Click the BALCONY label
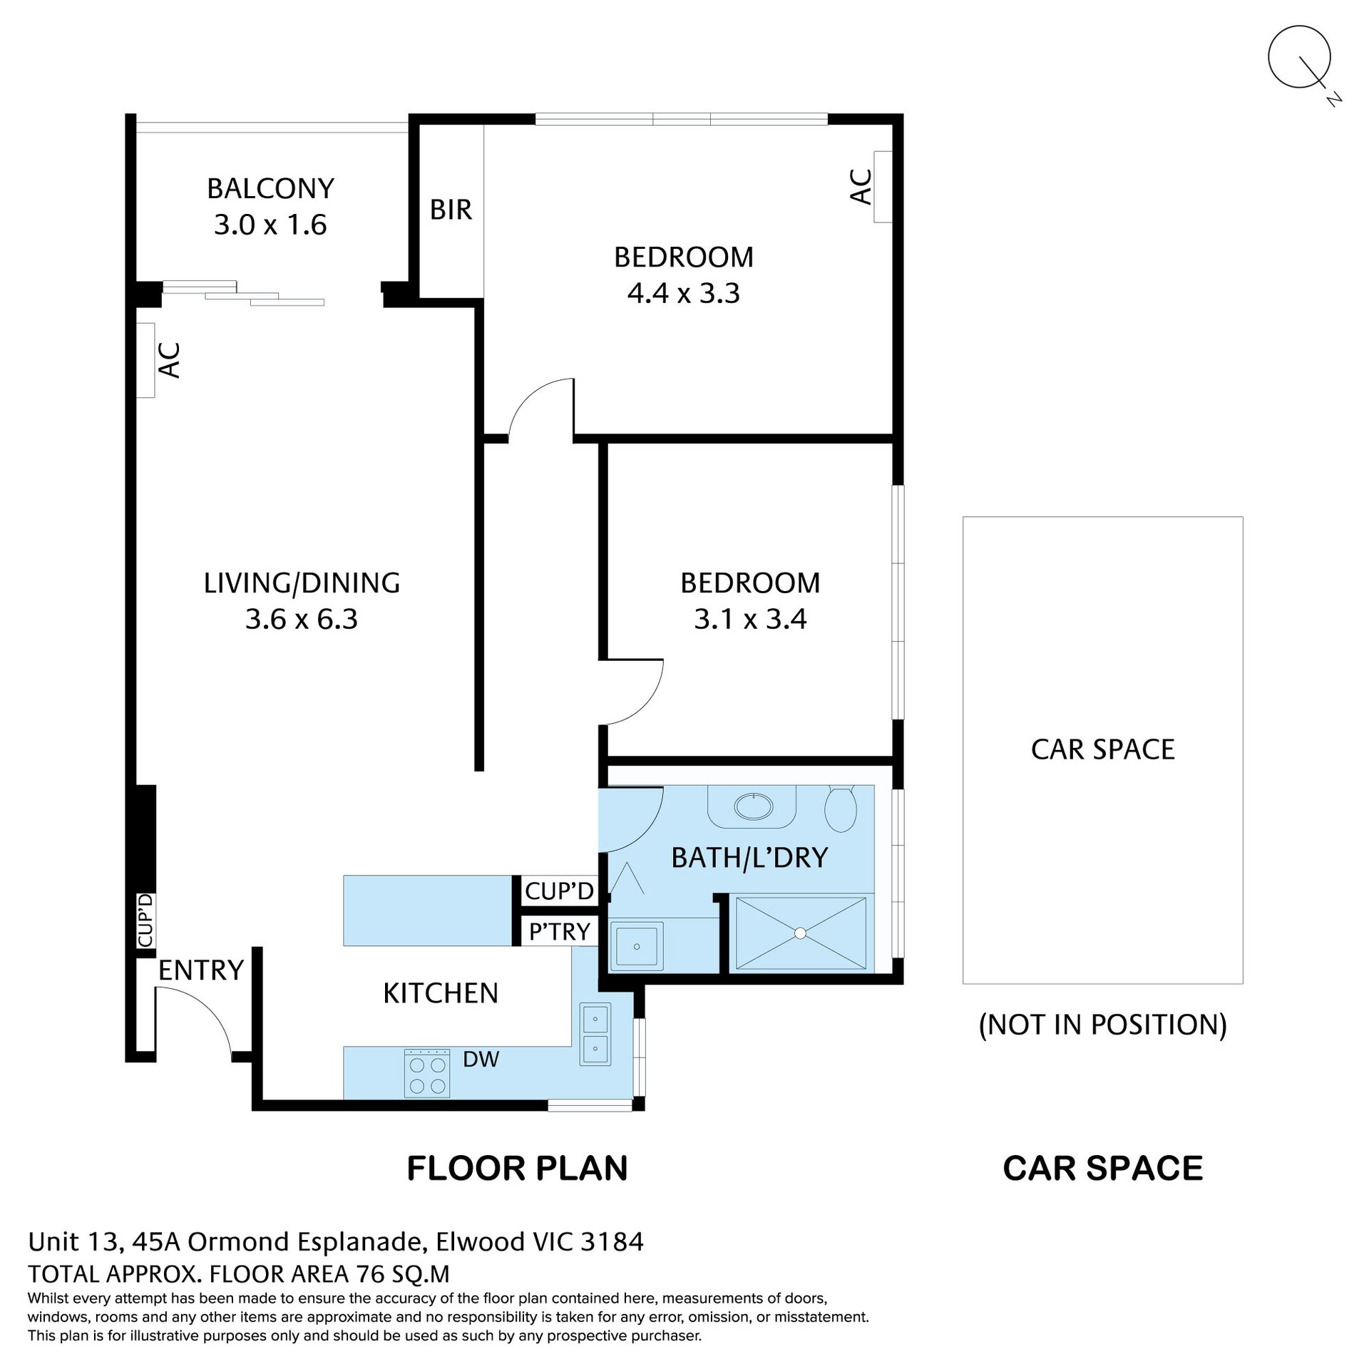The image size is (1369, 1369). (270, 188)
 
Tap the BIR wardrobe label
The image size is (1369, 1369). (451, 210)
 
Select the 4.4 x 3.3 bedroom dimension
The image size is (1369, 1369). (684, 293)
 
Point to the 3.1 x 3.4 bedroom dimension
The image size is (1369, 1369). (750, 619)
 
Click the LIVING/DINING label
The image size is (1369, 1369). (302, 583)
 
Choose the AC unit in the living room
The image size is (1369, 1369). (145, 360)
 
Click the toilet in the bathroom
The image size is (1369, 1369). (841, 808)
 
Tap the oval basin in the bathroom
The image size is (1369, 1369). (753, 806)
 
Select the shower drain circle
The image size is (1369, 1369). (800, 933)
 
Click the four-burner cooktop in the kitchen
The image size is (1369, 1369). (426, 1072)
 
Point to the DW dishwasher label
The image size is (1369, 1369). (481, 1060)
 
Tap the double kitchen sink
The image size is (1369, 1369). (595, 1034)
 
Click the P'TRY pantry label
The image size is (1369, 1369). (560, 931)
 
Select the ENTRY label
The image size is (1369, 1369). (201, 970)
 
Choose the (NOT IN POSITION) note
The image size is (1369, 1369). (1102, 1025)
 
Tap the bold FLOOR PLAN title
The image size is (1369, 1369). (517, 1169)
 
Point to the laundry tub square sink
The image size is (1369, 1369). (636, 946)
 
